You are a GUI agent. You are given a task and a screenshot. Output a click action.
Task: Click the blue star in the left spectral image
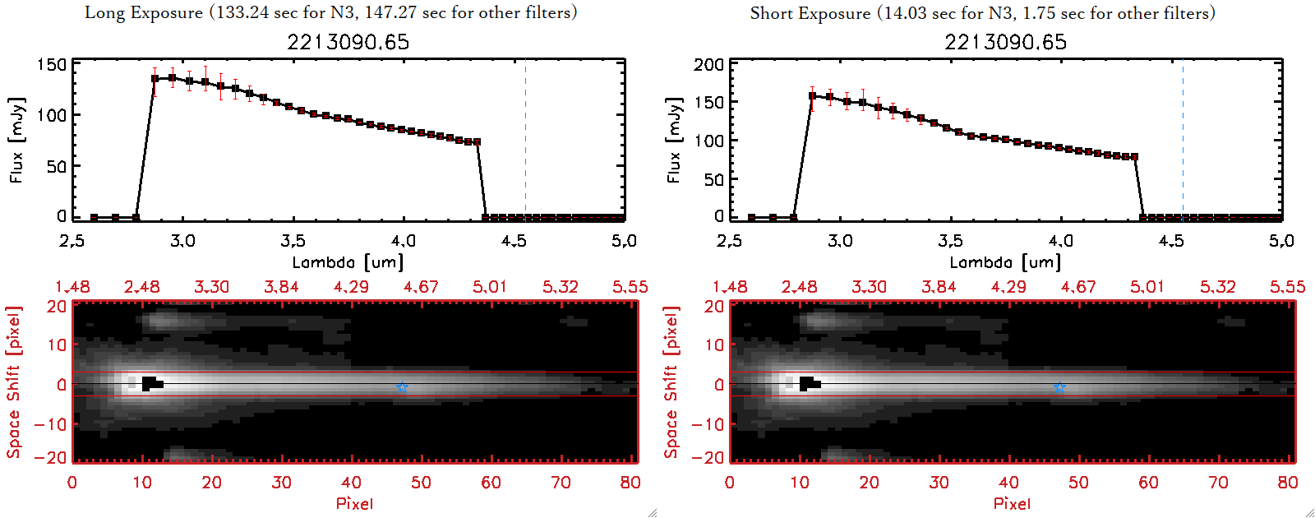pos(402,387)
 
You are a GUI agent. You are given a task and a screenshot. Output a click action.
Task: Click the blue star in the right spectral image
pos(1059,387)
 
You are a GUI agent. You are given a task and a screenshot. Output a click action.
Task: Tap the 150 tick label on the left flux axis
pos(52,64)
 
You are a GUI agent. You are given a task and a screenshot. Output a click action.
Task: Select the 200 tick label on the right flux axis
pos(708,64)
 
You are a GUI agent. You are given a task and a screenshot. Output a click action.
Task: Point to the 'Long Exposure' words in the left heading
pos(144,12)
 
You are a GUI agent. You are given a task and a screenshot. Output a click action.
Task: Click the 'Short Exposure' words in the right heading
pos(810,13)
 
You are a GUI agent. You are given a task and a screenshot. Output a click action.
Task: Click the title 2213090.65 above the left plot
pos(348,42)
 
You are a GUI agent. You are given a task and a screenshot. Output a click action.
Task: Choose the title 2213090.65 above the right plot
pos(1006,42)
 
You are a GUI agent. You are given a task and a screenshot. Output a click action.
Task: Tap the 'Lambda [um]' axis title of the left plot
pos(348,262)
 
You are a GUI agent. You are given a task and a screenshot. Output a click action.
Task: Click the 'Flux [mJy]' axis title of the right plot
pos(674,140)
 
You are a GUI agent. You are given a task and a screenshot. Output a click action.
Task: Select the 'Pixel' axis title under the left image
pos(354,503)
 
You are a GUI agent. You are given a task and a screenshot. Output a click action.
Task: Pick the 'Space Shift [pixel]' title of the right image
pos(671,382)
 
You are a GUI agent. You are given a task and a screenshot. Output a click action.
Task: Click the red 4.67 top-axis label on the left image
pos(421,287)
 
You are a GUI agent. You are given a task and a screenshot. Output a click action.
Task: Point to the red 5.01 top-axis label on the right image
pos(1147,287)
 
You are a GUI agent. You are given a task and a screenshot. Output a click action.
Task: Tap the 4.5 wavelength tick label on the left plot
pos(514,241)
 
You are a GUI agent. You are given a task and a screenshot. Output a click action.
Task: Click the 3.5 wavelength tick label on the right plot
pos(950,241)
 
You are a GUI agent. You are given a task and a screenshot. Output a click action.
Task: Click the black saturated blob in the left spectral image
pos(150,383)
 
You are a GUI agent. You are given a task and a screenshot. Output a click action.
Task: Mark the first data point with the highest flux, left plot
pos(155,79)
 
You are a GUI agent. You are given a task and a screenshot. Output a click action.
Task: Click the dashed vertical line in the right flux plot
pos(1183,140)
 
